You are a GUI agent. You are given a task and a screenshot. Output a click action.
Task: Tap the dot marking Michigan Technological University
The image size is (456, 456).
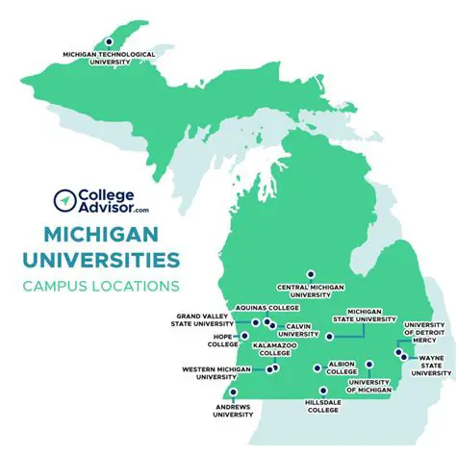109,41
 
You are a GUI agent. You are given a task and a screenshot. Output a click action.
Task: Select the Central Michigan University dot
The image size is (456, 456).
310,274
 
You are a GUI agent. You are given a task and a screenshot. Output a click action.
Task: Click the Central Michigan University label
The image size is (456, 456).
310,291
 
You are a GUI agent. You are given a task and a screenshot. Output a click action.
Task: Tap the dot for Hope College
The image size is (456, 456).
245,337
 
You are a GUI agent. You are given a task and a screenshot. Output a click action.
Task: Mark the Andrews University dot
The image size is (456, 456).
233,393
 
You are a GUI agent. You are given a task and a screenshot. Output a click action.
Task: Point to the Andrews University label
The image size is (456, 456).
233,411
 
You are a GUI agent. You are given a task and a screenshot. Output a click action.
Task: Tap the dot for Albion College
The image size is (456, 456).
317,367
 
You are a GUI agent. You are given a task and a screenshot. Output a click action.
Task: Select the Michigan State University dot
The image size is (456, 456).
329,337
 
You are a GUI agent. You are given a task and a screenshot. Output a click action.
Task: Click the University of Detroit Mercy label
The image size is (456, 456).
423,333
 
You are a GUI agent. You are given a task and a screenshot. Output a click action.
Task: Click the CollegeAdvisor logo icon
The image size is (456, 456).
64,199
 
